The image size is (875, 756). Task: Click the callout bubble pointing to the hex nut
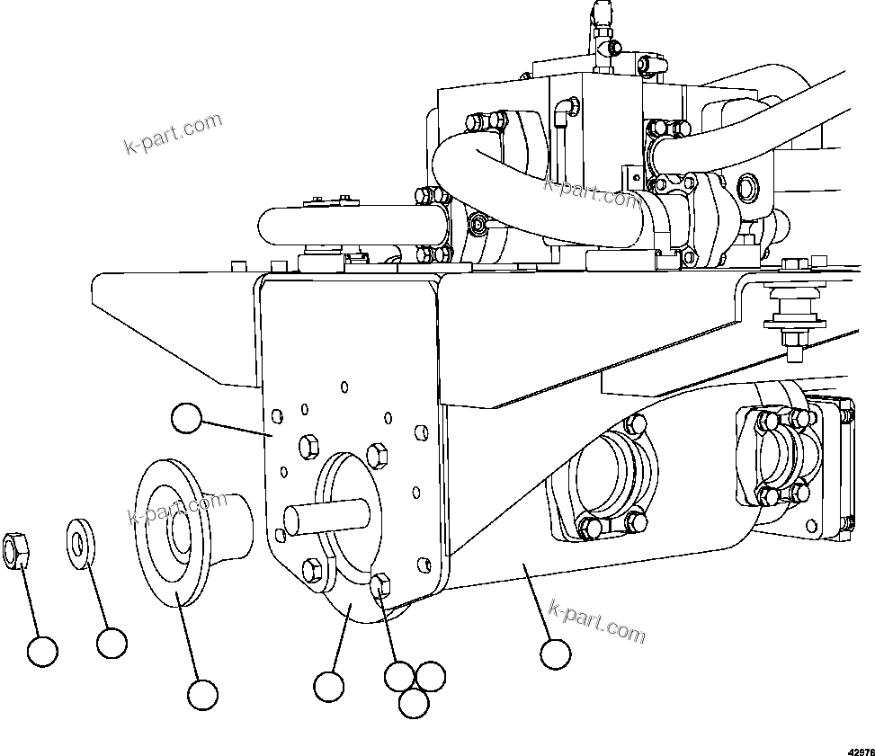[41, 651]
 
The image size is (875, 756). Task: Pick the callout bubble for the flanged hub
[202, 693]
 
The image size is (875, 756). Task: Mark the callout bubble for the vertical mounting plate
[186, 417]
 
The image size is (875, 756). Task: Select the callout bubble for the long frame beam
[556, 654]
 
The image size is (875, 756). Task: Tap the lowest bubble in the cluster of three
[413, 704]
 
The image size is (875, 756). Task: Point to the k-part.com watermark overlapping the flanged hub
[177, 510]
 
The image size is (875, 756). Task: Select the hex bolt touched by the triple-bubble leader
[380, 586]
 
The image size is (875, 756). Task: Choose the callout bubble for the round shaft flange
[329, 687]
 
